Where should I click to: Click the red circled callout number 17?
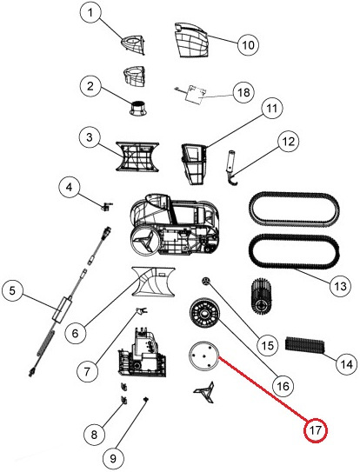(x=315, y=430)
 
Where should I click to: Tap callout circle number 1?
(x=90, y=12)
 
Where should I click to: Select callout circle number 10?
(x=248, y=45)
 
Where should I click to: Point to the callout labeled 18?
(x=243, y=92)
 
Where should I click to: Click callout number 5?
(x=12, y=291)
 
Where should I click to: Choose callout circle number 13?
(x=340, y=286)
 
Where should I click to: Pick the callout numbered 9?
(x=113, y=458)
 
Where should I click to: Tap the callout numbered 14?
(x=346, y=364)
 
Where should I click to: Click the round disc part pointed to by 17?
(x=204, y=356)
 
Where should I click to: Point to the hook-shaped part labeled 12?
(x=231, y=165)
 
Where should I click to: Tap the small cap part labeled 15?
(x=205, y=281)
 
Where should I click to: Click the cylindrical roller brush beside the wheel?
(x=261, y=295)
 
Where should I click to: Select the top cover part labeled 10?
(x=191, y=40)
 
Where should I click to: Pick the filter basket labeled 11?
(x=195, y=163)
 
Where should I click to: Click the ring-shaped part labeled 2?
(x=138, y=108)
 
